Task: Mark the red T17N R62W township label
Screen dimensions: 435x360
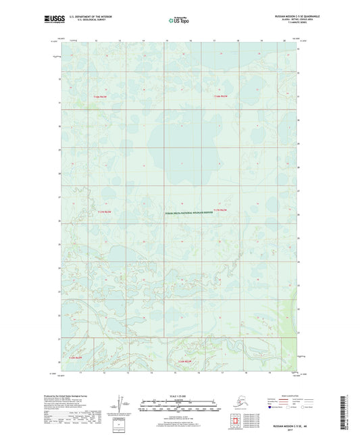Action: (x=222, y=211)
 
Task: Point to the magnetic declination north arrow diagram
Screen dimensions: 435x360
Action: (x=121, y=404)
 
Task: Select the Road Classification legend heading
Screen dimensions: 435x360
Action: (x=307, y=396)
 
